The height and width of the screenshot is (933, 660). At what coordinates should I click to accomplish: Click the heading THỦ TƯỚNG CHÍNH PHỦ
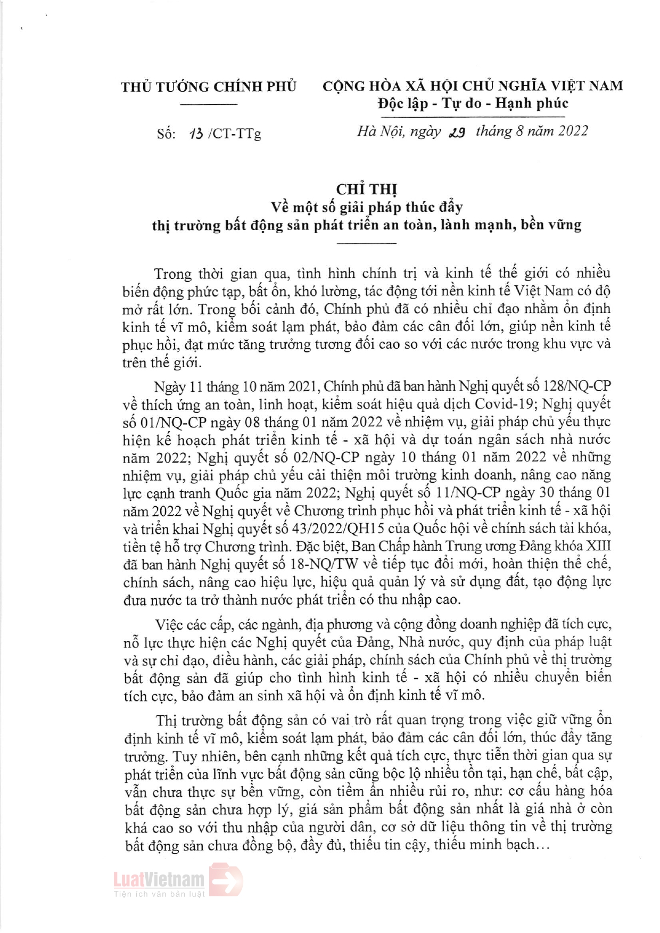click(208, 87)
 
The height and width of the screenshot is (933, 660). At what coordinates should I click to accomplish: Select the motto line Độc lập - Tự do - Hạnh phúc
click(473, 103)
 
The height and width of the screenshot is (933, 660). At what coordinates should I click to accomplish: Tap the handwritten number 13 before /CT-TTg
click(196, 134)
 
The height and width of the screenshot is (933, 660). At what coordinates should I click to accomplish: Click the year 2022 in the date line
click(573, 131)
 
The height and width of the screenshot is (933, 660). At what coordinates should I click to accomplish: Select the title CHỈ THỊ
click(367, 189)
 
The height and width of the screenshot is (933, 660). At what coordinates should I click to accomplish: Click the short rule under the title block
click(367, 243)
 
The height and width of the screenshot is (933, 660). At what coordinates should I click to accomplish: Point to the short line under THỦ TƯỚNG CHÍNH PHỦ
click(208, 104)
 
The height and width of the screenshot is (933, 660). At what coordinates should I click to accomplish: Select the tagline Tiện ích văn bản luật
click(159, 894)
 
